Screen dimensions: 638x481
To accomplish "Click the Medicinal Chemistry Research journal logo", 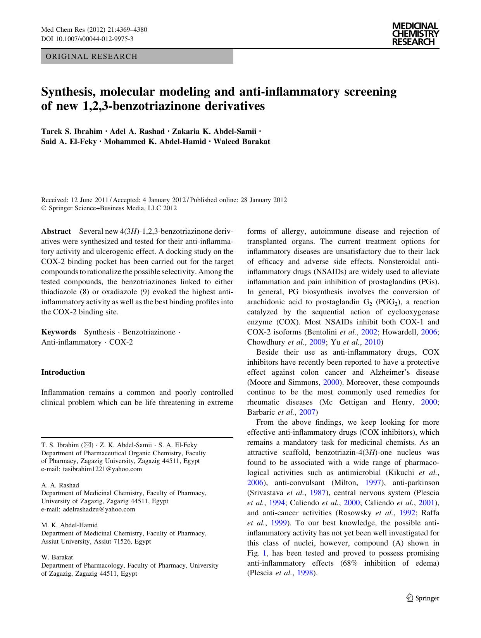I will [x=415, y=34].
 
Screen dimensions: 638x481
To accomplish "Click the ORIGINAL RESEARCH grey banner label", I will [x=91, y=57].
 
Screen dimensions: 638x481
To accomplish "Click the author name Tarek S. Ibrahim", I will [x=71, y=131].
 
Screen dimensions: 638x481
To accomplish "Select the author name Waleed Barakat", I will [x=241, y=141].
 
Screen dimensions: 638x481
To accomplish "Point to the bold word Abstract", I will [x=56, y=232].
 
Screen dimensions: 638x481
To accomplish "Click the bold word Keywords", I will [x=59, y=332].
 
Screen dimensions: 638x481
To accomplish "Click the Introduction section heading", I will [x=63, y=372].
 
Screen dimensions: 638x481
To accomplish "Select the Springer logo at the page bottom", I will [x=422, y=598].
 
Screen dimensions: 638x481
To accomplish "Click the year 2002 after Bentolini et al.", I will [x=368, y=332].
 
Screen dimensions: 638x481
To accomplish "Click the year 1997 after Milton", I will [x=372, y=483].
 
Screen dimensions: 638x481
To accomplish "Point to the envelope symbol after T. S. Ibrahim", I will [x=87, y=445].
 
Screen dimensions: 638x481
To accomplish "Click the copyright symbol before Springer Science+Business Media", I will [x=44, y=208].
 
